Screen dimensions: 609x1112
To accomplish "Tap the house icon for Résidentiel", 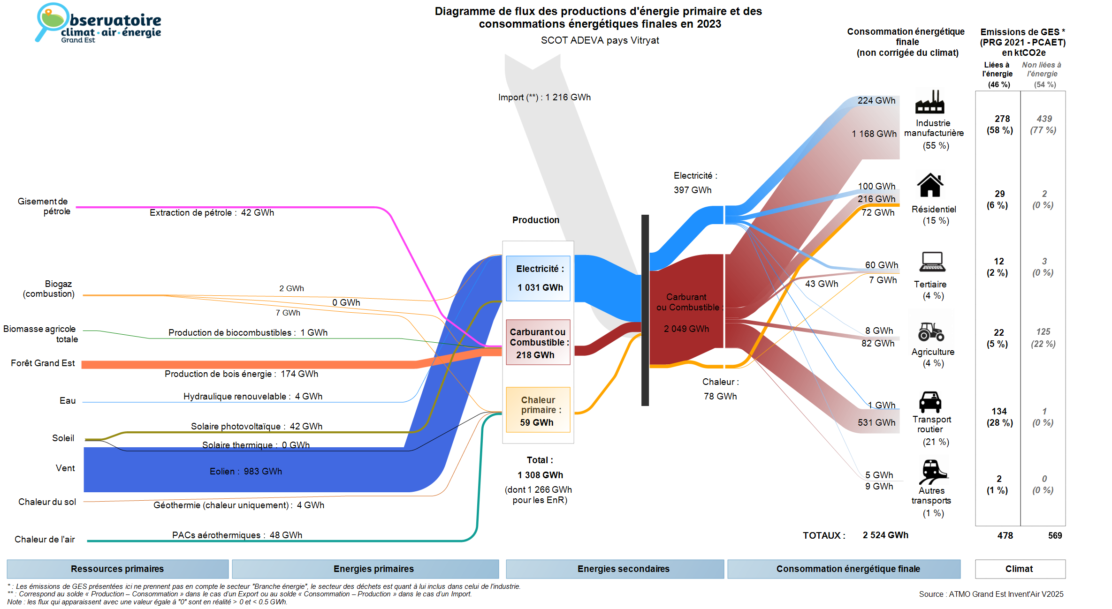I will click(x=930, y=185).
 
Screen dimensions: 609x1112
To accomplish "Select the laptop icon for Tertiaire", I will click(x=932, y=262).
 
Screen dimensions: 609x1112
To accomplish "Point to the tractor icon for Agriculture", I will click(x=931, y=331).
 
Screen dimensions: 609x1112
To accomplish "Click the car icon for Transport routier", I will click(x=930, y=402).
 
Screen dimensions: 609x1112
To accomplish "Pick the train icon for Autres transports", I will click(x=932, y=471).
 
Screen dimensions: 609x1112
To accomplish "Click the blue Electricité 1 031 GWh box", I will click(x=538, y=278).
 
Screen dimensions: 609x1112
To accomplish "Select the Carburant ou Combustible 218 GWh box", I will click(x=538, y=343).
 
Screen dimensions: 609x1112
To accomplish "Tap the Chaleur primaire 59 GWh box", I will click(x=538, y=410).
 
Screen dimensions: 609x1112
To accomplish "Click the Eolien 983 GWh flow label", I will click(x=246, y=472).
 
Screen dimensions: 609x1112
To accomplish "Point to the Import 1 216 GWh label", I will click(x=544, y=98).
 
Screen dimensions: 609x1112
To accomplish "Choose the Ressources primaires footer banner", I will click(x=117, y=569).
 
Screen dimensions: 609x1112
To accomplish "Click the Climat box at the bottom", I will click(x=1020, y=569).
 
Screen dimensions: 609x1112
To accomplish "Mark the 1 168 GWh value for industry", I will click(x=874, y=134).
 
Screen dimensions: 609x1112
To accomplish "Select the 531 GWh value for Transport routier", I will click(x=876, y=423).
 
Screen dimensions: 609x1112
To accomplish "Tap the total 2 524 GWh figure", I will click(x=885, y=535).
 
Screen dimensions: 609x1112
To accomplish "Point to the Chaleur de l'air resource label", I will click(x=45, y=540).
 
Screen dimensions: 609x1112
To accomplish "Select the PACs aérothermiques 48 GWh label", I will click(x=237, y=535).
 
